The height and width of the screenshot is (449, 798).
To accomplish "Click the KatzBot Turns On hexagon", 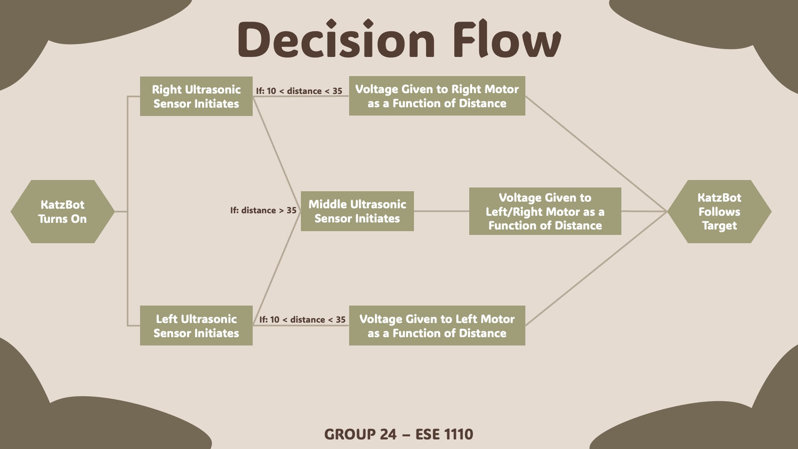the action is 62,212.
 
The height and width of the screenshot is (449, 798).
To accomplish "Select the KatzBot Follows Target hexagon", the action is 719,212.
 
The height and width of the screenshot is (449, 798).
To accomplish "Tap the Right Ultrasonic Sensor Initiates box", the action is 196,96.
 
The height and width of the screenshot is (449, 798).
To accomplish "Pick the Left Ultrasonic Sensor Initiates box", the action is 196,326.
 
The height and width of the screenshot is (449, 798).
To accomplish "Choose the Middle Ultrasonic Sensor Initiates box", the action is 357,211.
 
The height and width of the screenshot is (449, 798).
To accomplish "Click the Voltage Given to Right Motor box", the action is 437,96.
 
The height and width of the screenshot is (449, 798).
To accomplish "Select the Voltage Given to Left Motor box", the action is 437,326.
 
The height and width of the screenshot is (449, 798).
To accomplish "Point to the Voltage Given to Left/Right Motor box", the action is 545,211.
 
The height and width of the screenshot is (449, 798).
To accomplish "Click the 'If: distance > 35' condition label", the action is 263,210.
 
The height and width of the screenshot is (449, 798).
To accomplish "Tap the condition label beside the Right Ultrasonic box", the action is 299,91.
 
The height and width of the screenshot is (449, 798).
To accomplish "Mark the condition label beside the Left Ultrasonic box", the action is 302,320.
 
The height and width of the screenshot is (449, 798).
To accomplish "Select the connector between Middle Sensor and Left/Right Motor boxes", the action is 441,211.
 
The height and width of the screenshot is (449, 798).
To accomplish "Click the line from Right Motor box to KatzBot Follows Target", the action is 596,153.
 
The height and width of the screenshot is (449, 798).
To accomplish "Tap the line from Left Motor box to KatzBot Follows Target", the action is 596,269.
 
